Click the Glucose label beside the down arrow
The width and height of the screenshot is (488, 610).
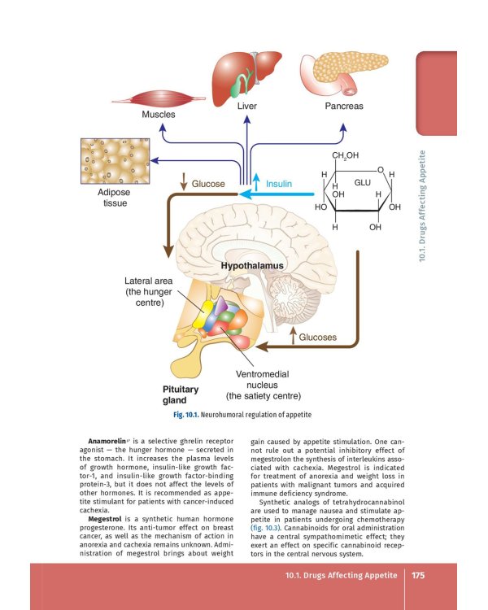point(208,184)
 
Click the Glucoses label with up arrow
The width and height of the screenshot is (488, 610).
point(317,337)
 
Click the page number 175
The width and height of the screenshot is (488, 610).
point(419,575)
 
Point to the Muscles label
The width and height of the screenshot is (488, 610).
point(159,115)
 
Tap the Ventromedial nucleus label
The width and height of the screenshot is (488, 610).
point(263,385)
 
